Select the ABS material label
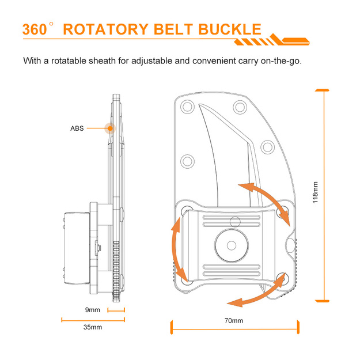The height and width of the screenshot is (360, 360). [77, 128]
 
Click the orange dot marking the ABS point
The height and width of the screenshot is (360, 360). [109, 128]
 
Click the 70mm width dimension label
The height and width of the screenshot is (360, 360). [233, 321]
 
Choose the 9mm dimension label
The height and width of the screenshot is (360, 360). [92, 310]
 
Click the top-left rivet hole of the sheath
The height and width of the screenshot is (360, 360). [187, 107]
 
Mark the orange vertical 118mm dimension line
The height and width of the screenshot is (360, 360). [325, 196]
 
